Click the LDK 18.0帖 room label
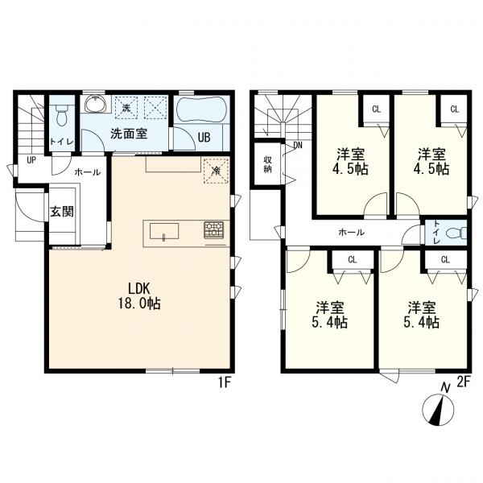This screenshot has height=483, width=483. (139, 296)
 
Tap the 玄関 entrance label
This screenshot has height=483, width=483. (62, 212)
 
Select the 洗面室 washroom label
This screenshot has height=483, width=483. (129, 134)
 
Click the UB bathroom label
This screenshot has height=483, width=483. (204, 138)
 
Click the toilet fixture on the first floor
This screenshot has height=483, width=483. (62, 114)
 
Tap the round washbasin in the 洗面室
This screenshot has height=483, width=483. (95, 104)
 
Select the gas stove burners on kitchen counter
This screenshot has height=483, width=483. (213, 230)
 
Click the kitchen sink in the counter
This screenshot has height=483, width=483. (164, 231)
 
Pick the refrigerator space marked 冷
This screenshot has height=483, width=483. (217, 171)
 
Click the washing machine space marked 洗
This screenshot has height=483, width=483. (126, 108)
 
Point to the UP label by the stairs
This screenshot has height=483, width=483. (31, 160)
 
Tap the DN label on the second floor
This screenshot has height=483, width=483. (298, 145)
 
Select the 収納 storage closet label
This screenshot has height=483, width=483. (267, 164)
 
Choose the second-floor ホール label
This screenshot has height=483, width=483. (351, 233)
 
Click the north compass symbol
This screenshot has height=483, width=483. (439, 407)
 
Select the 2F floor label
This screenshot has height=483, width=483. (464, 382)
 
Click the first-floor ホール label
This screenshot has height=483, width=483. (88, 172)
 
